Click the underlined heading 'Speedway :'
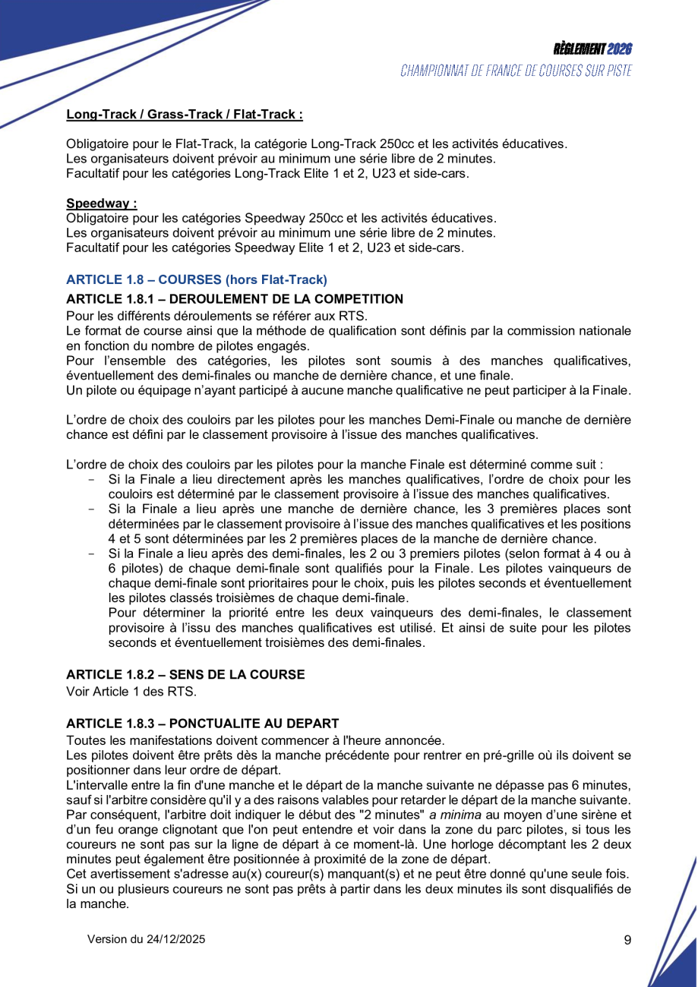(x=101, y=204)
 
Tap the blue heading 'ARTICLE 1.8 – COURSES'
(x=197, y=279)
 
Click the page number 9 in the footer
(x=627, y=940)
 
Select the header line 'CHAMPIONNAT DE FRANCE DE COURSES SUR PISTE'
(x=516, y=71)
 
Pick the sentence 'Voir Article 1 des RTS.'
(x=131, y=691)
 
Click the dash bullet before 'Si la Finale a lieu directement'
(x=92, y=480)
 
